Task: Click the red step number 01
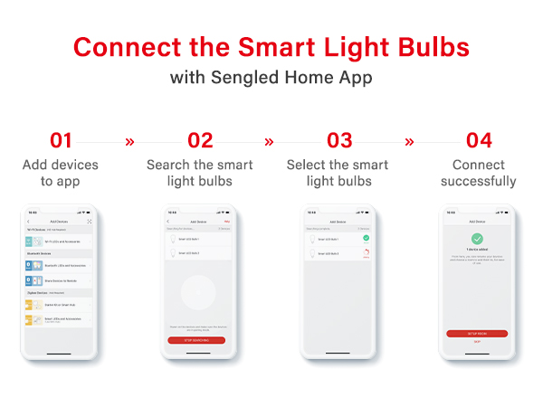pos(61,140)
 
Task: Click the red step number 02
pos(200,140)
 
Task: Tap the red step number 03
pos(339,140)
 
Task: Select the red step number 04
pos(479,140)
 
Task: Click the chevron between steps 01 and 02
pos(129,141)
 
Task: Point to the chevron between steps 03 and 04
pos(409,141)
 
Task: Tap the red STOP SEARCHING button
pos(196,340)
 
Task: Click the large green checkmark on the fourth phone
pos(478,238)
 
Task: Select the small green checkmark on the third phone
pos(367,238)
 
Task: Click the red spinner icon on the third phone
pos(367,254)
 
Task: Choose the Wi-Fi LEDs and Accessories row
pos(61,242)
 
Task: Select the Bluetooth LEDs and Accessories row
pos(61,264)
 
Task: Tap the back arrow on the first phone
pos(29,222)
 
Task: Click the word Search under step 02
pos(167,166)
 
